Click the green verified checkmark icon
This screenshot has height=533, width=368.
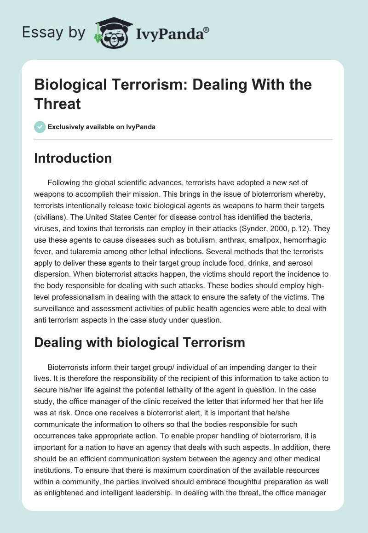(x=40, y=127)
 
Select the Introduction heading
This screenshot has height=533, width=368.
(x=73, y=158)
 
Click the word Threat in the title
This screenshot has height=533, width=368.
(x=57, y=103)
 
